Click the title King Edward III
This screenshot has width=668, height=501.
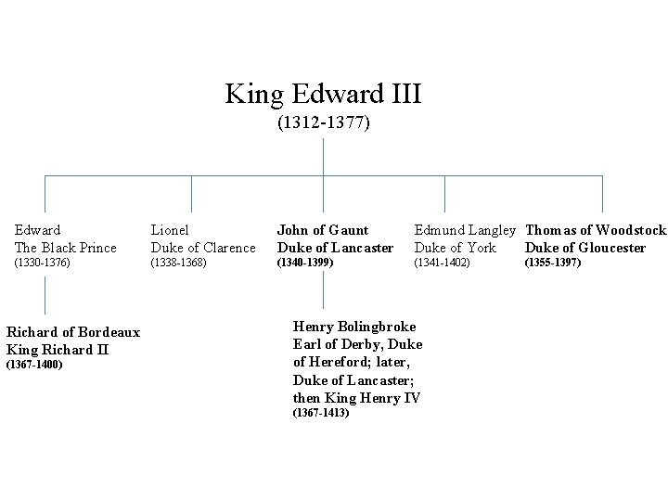click(323, 94)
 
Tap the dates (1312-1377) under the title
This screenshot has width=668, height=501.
click(323, 122)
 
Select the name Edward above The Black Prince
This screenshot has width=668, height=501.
click(38, 230)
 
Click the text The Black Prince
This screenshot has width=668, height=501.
click(66, 248)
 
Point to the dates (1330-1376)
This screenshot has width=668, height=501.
click(43, 263)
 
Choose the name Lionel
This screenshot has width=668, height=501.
click(170, 230)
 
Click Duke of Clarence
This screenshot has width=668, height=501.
click(203, 248)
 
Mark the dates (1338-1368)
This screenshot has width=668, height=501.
click(178, 263)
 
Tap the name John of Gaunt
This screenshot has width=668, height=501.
click(323, 230)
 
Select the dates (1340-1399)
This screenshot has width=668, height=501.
click(305, 263)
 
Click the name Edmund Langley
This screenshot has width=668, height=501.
click(464, 230)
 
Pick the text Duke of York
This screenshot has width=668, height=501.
click(455, 248)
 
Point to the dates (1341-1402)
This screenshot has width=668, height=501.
click(442, 263)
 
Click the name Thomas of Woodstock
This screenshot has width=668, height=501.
click(596, 230)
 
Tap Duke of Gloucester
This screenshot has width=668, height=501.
click(585, 248)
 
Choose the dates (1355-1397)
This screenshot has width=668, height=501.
click(553, 263)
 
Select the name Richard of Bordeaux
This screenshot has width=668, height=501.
click(73, 332)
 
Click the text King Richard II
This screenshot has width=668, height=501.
click(58, 350)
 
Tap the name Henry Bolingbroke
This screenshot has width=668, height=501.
click(354, 327)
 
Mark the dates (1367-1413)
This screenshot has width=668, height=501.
click(321, 413)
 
